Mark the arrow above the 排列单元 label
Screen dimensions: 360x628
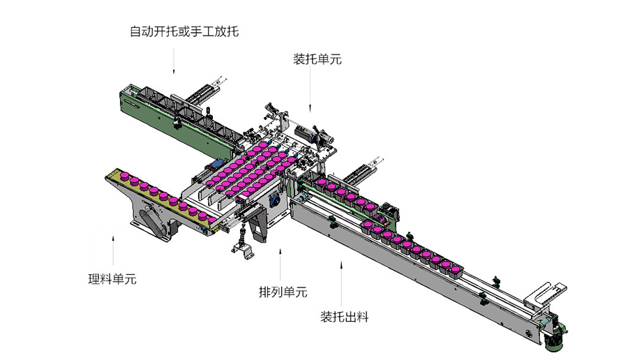281,264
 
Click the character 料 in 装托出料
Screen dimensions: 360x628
362,317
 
